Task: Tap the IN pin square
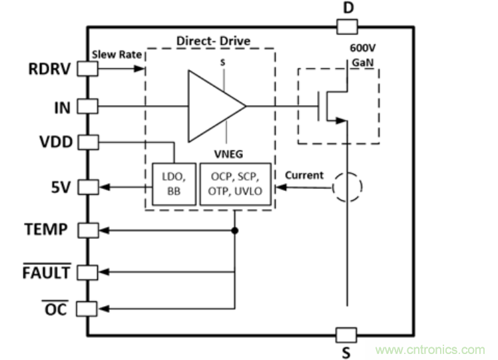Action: coord(88,106)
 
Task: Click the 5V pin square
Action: coord(88,188)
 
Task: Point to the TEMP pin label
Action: coord(45,230)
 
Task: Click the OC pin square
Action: coord(88,308)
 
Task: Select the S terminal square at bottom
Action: coord(347,334)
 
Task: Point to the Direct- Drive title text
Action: coord(213,41)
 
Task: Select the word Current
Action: coord(304,176)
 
